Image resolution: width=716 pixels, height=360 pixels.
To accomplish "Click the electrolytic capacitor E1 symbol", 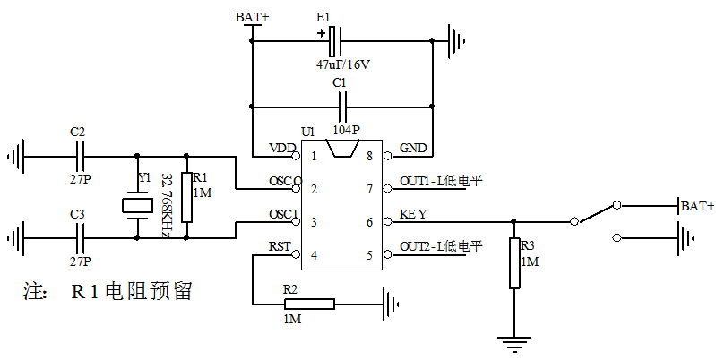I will (x=334, y=39).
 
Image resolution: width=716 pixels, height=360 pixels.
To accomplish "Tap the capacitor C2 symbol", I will (x=82, y=157).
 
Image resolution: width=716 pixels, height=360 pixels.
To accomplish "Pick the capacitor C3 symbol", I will (x=82, y=238).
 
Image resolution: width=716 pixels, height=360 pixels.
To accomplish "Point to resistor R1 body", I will (x=186, y=197).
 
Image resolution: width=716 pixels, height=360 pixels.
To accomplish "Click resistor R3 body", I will (x=514, y=263).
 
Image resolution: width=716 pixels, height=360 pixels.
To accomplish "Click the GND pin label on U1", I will (x=413, y=147).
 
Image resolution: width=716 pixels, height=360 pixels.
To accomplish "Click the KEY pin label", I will (x=413, y=214).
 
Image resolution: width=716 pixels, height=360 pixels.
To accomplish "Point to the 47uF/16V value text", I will (x=343, y=65).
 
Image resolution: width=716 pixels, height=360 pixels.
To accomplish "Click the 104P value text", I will (x=344, y=129).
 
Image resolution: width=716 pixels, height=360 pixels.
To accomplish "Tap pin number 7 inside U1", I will (x=368, y=189).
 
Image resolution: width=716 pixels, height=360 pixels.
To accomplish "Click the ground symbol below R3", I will (x=513, y=340).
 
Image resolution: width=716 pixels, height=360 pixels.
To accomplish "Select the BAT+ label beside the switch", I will (x=698, y=206).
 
